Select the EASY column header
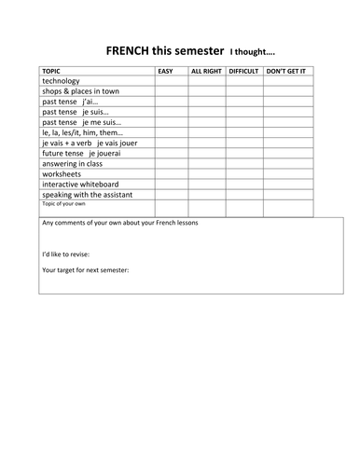(165, 71)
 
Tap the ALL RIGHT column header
(207, 71)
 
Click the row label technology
(62, 81)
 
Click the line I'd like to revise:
(71, 253)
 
